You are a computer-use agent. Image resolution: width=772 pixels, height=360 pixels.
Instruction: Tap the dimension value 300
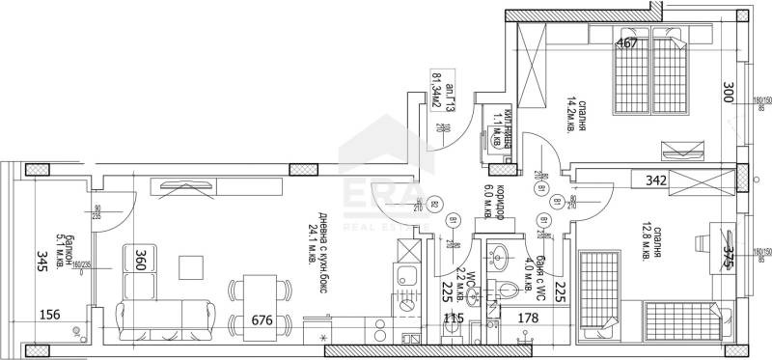[x=730, y=95]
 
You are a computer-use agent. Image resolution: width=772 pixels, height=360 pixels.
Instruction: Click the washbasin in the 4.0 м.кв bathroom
[x=502, y=259]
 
